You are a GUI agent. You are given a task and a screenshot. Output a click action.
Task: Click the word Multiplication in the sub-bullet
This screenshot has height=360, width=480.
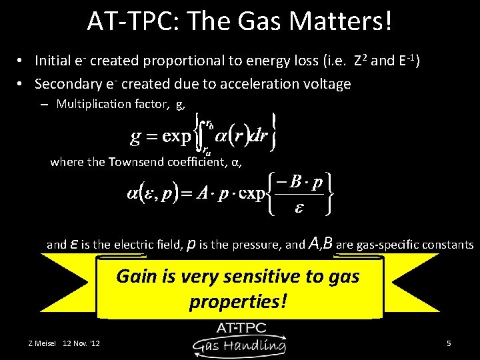click(x=94, y=103)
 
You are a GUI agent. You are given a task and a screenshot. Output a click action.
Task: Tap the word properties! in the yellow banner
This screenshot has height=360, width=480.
click(x=238, y=301)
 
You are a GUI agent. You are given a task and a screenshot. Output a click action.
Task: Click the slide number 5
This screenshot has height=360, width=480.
click(x=449, y=343)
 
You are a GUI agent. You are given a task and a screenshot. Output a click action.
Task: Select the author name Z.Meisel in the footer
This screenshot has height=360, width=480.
click(x=41, y=343)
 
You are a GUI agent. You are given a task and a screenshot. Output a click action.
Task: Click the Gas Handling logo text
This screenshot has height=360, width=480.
click(x=239, y=344)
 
